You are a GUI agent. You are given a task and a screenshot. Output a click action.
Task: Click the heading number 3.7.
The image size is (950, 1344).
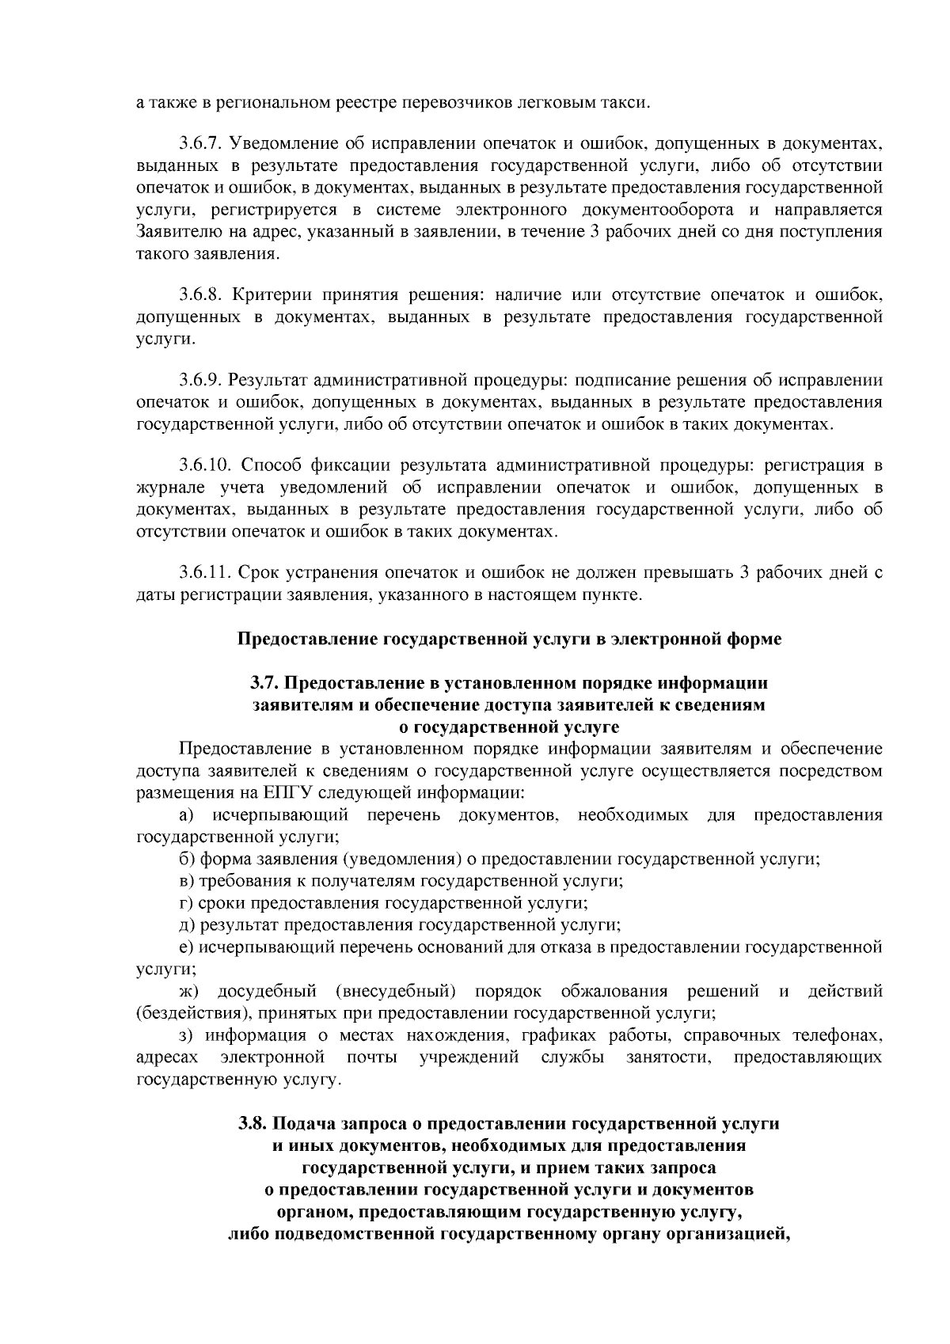[x=264, y=682]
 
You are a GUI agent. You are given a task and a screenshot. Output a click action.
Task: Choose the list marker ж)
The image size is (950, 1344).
[x=190, y=991]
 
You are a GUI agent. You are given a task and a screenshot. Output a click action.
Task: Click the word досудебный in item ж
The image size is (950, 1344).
[x=267, y=991]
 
